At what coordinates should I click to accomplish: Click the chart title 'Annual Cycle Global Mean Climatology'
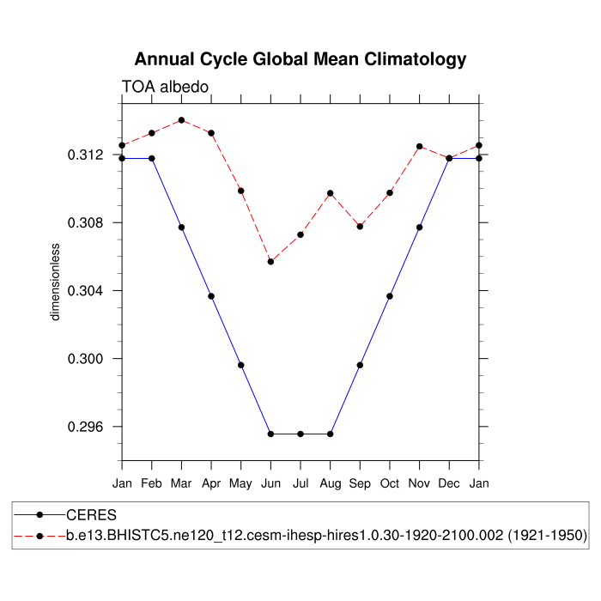click(300, 59)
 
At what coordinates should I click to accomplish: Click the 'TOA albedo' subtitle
click(165, 87)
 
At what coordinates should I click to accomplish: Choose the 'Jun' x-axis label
click(270, 484)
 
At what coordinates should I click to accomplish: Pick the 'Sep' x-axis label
click(360, 484)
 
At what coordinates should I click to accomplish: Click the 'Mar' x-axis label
click(181, 484)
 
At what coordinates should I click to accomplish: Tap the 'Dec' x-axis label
click(449, 484)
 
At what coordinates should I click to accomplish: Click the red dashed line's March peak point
click(181, 120)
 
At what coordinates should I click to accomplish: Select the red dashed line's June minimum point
click(270, 261)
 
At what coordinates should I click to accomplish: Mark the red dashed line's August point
click(331, 193)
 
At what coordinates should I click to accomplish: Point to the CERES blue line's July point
click(300, 434)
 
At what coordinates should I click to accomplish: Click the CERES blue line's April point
click(211, 296)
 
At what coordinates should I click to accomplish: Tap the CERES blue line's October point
click(390, 296)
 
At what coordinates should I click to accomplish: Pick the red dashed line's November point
click(420, 146)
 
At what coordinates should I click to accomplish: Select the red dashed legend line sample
click(39, 536)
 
